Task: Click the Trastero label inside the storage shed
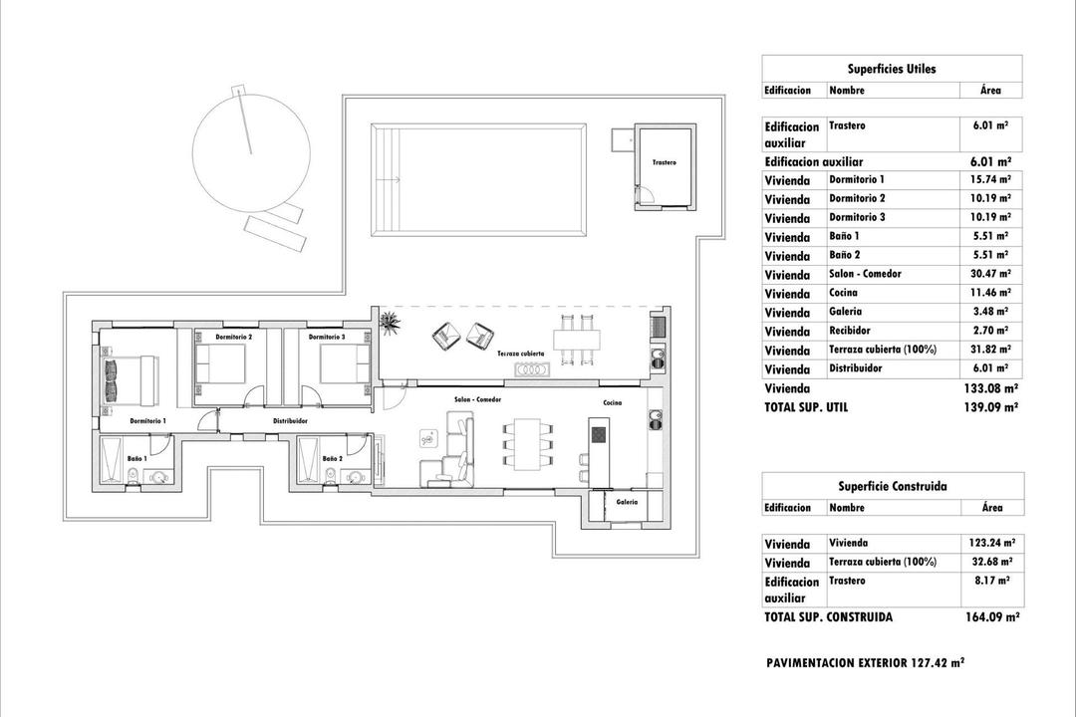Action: click(x=664, y=162)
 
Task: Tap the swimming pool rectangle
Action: click(x=478, y=179)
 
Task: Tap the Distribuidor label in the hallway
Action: click(x=290, y=421)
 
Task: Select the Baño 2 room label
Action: click(x=333, y=459)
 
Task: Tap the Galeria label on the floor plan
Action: click(x=627, y=502)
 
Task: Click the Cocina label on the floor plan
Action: click(x=613, y=402)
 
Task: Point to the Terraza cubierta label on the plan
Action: click(x=514, y=354)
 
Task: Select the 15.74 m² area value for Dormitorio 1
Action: click(x=991, y=180)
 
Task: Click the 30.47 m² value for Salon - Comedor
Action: click(x=991, y=274)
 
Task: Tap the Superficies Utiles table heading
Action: click(x=892, y=69)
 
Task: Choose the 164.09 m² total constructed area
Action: click(x=990, y=617)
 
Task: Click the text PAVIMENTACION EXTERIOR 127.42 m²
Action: click(x=865, y=662)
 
